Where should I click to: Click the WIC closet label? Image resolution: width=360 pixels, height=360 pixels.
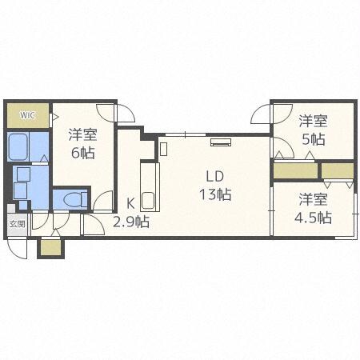pos(28,114)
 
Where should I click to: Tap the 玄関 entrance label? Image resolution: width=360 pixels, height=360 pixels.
pos(17,224)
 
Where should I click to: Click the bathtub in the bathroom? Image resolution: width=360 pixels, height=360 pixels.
pos(19,148)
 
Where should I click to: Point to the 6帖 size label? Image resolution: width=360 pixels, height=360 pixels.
pos(82,152)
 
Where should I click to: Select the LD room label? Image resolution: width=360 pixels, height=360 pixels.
pos(214,176)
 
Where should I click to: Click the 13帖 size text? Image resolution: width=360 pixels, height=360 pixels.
pos(214,194)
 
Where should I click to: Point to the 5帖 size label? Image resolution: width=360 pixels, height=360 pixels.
pos(313,138)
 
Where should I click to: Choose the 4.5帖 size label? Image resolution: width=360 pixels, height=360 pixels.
pos(313,217)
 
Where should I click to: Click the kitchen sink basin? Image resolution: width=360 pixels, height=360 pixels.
pos(149,201)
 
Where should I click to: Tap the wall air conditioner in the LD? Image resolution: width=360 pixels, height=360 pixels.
pos(221,143)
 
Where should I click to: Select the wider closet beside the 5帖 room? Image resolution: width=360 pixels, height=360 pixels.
pos(295,170)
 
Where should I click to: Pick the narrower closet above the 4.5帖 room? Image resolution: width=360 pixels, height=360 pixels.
pos(337,170)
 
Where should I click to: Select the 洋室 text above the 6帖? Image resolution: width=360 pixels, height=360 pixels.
pos(82,134)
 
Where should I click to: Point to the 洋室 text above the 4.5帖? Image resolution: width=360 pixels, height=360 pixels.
pos(313,199)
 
